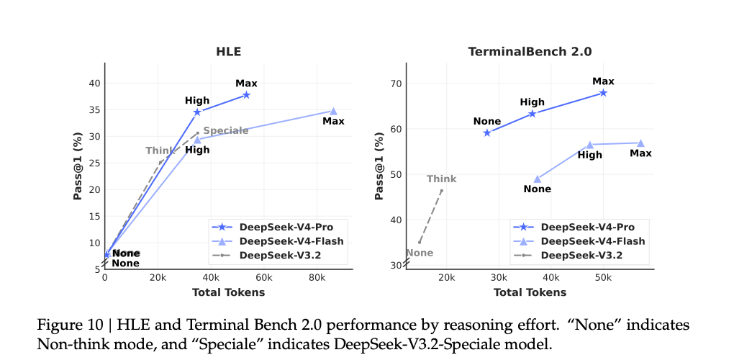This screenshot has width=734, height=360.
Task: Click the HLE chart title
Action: point(228,52)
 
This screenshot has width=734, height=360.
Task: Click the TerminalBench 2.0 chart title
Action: point(530,52)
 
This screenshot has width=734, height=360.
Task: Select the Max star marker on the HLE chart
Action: point(246,94)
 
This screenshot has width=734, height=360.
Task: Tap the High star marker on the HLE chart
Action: point(196,112)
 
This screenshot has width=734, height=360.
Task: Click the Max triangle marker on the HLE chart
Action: point(333,111)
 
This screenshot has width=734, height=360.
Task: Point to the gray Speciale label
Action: point(225,130)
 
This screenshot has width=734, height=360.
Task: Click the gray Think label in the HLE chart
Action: point(160,150)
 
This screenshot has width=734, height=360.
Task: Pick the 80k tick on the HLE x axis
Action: point(317,277)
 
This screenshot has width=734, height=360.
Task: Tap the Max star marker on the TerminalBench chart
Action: point(603,92)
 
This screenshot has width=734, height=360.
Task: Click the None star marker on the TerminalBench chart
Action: point(487,132)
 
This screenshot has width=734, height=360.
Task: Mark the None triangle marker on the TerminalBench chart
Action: point(537,179)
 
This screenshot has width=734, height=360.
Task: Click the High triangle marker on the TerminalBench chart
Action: point(589,145)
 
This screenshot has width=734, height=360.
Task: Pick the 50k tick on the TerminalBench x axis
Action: point(603,277)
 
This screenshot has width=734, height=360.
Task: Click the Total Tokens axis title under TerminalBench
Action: point(530,292)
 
